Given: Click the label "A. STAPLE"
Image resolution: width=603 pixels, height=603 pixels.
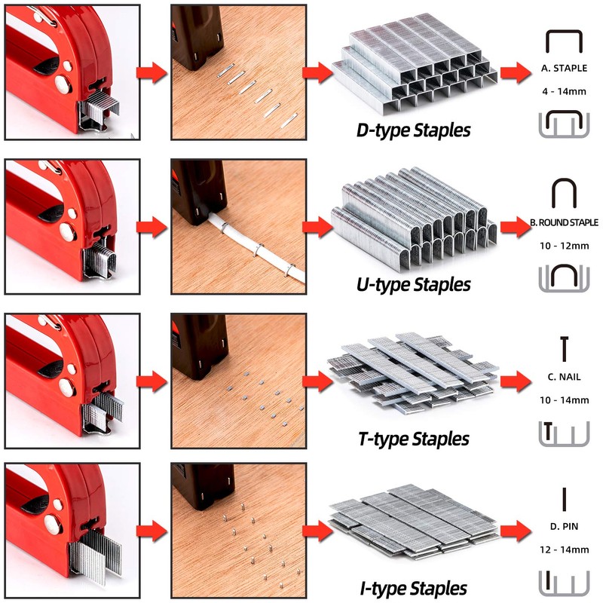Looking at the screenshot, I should click(x=564, y=69).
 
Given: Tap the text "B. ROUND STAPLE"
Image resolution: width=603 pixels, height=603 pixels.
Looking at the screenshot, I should click(x=564, y=223).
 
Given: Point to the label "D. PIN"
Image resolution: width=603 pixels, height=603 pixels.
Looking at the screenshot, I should click(x=564, y=526).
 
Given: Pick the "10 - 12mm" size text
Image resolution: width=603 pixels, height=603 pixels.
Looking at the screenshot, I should click(x=564, y=246).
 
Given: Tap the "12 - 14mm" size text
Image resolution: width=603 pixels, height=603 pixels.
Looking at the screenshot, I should click(x=564, y=550).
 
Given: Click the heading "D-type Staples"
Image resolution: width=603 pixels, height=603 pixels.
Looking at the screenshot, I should click(x=413, y=130).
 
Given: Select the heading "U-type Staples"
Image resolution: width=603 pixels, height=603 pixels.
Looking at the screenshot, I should click(x=413, y=285).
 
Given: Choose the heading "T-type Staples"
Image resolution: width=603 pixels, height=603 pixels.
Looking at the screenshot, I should click(x=413, y=439).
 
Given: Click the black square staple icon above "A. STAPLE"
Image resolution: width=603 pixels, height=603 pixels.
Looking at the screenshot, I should click(x=564, y=42).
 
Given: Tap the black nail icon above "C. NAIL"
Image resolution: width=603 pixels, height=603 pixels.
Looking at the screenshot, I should click(x=564, y=347).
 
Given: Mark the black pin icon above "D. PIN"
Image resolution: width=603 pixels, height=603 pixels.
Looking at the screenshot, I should click(x=564, y=500).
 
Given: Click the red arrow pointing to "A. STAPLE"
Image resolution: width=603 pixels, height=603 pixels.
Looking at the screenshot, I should click(x=514, y=72).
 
